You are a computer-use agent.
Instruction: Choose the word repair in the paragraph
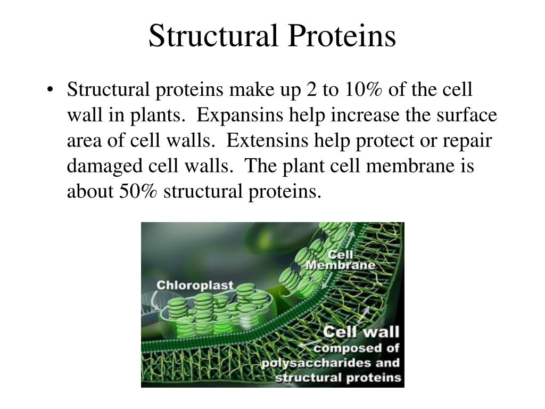pyautogui.click(x=468, y=140)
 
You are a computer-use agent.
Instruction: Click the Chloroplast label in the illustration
pyautogui.click(x=195, y=285)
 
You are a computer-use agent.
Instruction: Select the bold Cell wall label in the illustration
pyautogui.click(x=362, y=332)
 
